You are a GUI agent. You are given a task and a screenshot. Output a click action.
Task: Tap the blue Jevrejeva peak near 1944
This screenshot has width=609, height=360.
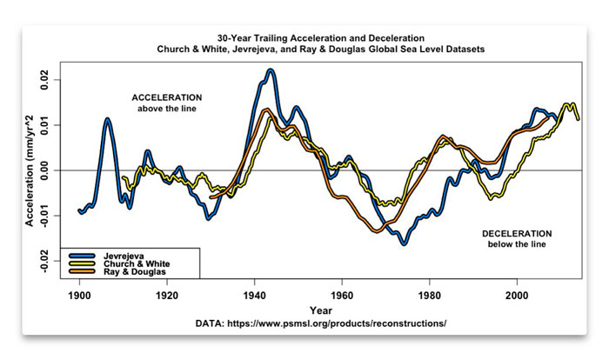271,71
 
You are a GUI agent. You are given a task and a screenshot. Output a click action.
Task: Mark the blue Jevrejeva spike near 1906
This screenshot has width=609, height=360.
107,120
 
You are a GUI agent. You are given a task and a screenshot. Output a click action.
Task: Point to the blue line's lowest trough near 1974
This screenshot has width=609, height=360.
405,243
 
